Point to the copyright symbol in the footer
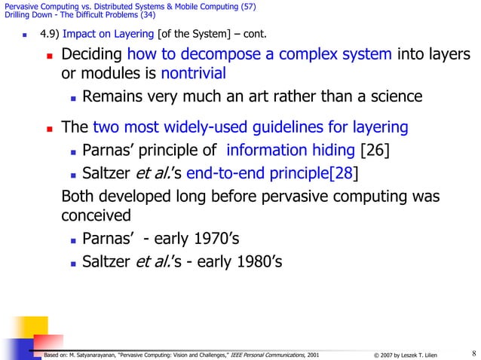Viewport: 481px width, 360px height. (x=376, y=354)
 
